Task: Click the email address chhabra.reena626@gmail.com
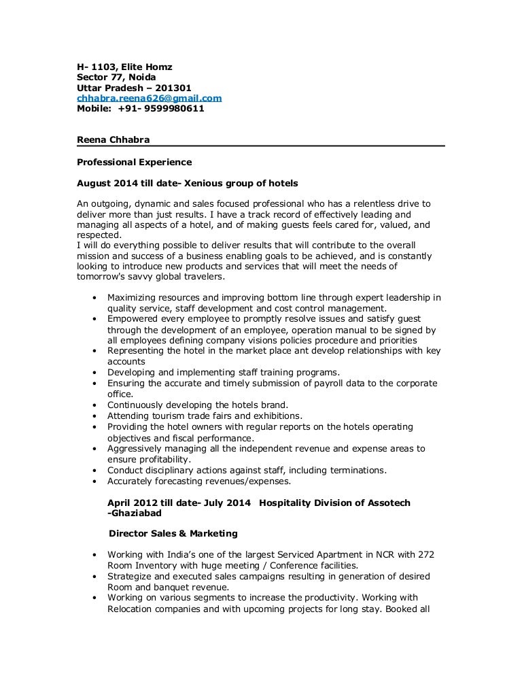coord(149,98)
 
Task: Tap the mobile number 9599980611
coord(173,108)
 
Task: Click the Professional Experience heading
coord(134,162)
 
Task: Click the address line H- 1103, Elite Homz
coord(124,67)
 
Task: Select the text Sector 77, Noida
coord(116,77)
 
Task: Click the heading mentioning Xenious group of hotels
coord(187,184)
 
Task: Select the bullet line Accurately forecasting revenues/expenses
coord(199,481)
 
